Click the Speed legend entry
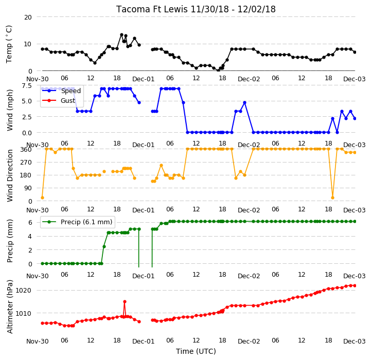click(x=61, y=91)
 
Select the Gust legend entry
click(x=59, y=100)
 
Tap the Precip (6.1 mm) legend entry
click(x=77, y=222)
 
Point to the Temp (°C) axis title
click(x=9, y=44)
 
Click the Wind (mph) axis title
click(x=9, y=110)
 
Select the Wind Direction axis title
click(x=9, y=175)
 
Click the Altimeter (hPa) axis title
click(x=9, y=307)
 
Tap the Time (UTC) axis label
click(x=196, y=351)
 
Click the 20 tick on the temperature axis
click(x=28, y=17)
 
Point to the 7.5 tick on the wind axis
click(x=27, y=85)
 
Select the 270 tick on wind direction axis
click(x=26, y=163)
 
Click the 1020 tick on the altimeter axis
click(x=23, y=291)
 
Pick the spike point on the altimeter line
click(x=125, y=301)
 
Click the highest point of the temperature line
click(x=121, y=35)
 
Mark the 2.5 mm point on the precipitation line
click(x=104, y=247)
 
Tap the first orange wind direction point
click(x=42, y=197)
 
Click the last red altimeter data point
click(x=355, y=286)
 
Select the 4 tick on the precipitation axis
click(x=30, y=236)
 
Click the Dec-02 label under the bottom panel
click(x=249, y=341)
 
